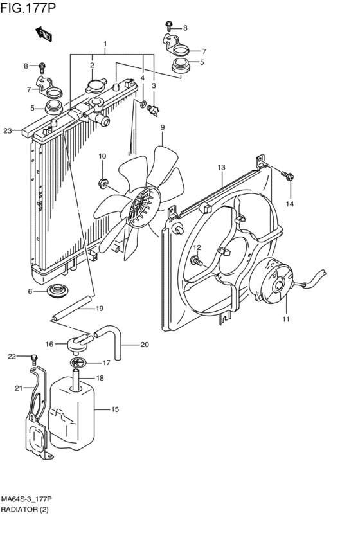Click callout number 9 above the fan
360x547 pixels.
click(163, 127)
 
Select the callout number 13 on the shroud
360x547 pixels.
click(221, 168)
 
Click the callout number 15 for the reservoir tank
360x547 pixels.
click(116, 409)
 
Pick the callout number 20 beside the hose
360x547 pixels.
click(145, 345)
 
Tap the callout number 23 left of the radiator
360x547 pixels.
click(7, 131)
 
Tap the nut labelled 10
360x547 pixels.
click(103, 183)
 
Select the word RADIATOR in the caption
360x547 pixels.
click(19, 509)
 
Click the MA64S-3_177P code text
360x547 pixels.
click(26, 499)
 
